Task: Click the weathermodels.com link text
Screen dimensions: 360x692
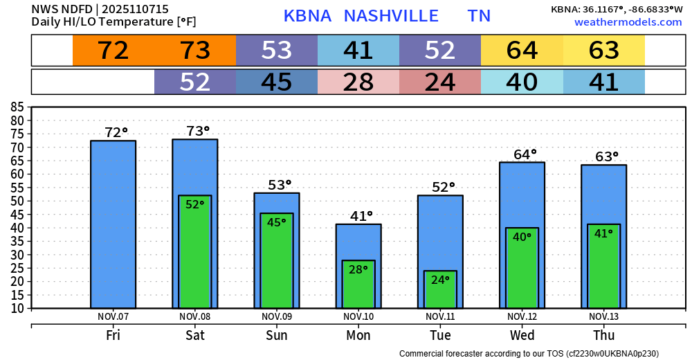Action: click(x=628, y=22)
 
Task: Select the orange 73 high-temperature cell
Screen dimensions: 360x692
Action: click(x=195, y=51)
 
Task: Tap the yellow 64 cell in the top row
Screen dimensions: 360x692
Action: click(x=522, y=51)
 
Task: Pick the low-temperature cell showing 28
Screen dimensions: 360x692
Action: click(x=358, y=82)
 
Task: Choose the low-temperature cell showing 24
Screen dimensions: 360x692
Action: click(x=440, y=82)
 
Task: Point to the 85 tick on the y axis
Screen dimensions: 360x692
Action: click(x=17, y=107)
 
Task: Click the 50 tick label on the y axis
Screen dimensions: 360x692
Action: click(x=17, y=201)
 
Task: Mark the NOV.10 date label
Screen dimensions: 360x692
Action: click(x=358, y=316)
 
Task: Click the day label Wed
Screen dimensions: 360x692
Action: click(x=522, y=335)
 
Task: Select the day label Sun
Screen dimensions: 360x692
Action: click(x=277, y=335)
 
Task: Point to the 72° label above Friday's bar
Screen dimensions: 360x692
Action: click(x=117, y=132)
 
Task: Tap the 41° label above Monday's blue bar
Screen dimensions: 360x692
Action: click(x=362, y=216)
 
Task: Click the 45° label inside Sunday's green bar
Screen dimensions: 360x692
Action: click(x=277, y=222)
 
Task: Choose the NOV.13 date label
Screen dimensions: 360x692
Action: click(x=603, y=316)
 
